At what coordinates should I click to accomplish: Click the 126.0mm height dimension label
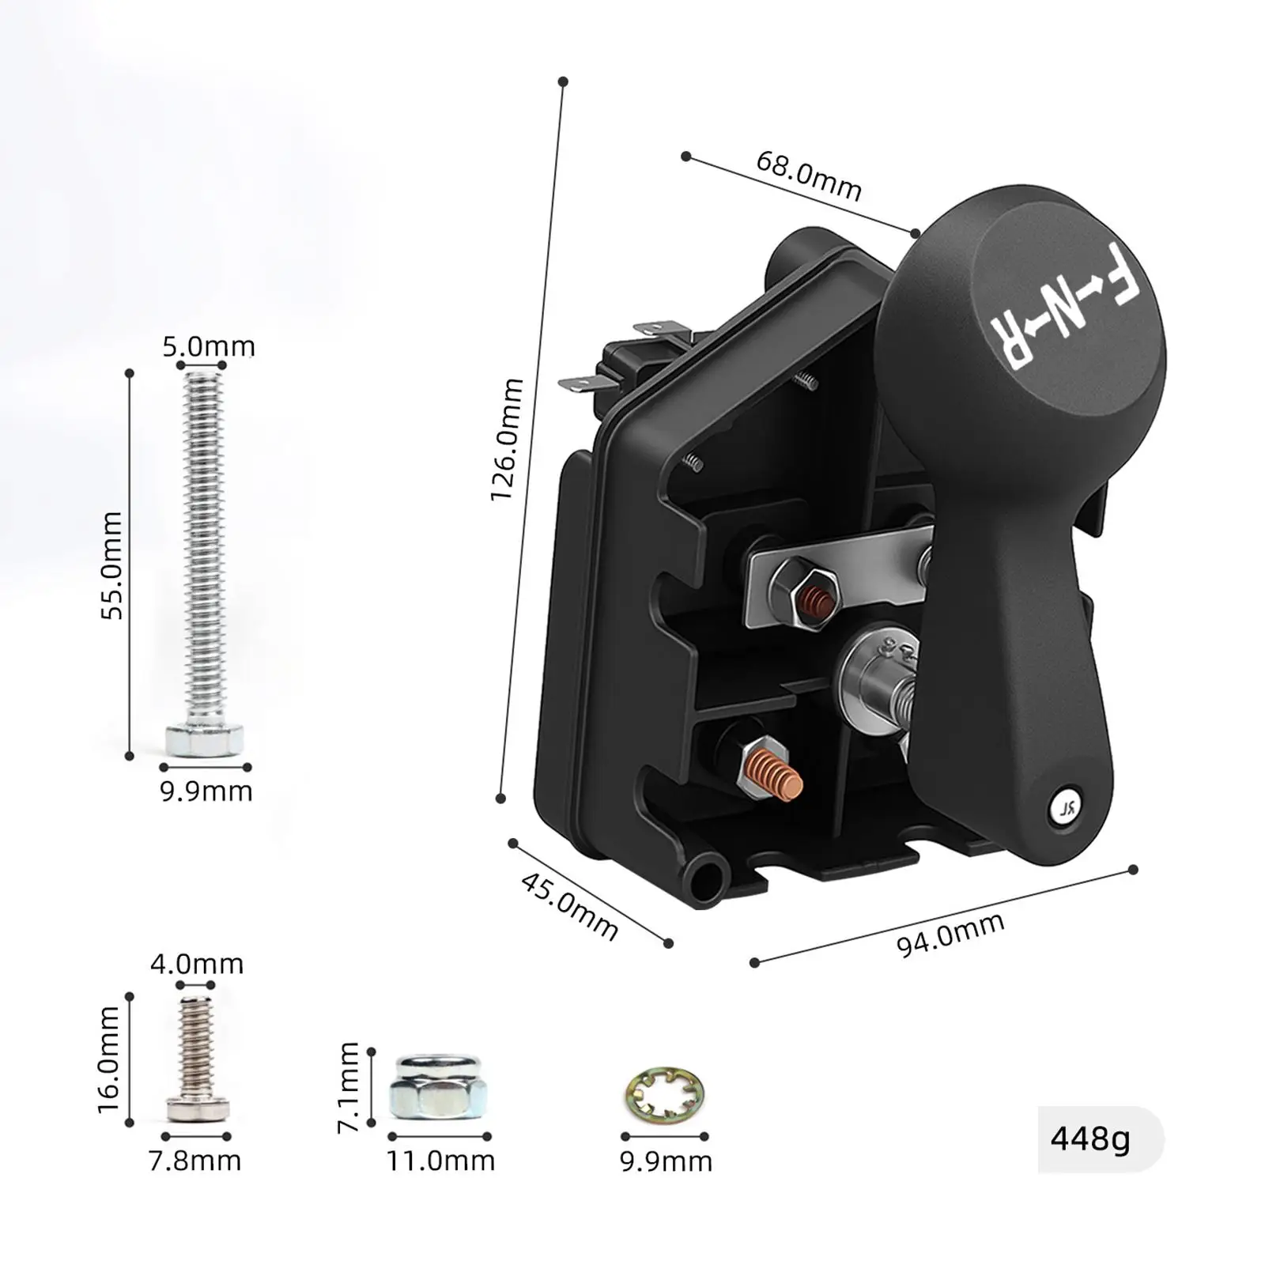tap(507, 440)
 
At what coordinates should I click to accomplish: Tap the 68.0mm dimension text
tap(808, 176)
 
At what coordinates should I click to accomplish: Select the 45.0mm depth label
tap(569, 906)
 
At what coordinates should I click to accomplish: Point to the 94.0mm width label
tap(950, 934)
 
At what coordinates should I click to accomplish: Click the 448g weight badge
tap(1090, 1139)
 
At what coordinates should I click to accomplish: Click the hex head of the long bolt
tap(204, 738)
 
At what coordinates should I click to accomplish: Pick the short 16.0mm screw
tap(198, 1059)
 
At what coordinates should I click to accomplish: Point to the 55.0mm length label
tap(112, 565)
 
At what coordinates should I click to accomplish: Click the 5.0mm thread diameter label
tap(209, 346)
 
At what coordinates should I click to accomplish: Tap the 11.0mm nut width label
tap(440, 1161)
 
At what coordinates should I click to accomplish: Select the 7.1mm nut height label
tap(349, 1087)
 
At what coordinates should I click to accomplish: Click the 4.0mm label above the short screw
tap(197, 964)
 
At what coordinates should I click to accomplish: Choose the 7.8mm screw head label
tap(195, 1161)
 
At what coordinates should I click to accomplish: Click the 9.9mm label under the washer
tap(666, 1161)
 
